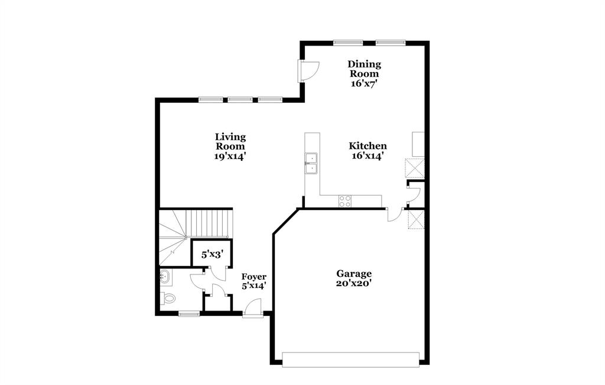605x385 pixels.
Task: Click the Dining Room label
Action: (x=364, y=69)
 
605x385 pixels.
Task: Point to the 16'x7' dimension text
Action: (x=364, y=83)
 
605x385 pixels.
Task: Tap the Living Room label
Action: (x=230, y=141)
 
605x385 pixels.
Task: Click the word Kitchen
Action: (x=367, y=146)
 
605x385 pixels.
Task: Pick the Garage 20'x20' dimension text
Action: (x=354, y=283)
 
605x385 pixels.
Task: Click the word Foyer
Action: (x=254, y=276)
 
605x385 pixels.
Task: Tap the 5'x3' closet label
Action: (x=212, y=255)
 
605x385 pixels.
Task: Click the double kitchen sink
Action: (x=311, y=164)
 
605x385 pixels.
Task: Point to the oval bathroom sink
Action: (x=165, y=276)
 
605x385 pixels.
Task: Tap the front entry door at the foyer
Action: (x=253, y=309)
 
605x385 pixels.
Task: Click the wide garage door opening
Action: (x=350, y=360)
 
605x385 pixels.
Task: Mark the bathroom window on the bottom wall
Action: (x=189, y=314)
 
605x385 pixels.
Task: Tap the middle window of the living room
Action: (x=240, y=99)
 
